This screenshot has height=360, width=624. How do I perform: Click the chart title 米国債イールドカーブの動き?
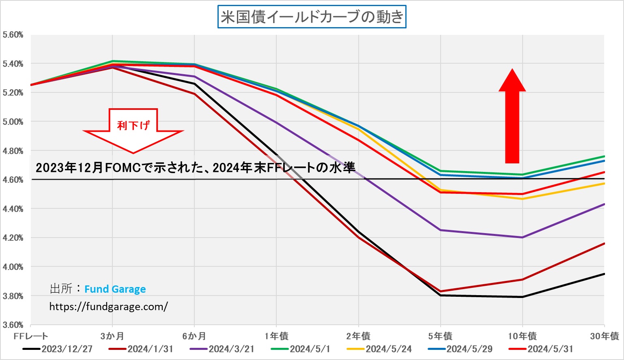tap(312, 17)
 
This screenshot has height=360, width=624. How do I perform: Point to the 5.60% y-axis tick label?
tap(13, 35)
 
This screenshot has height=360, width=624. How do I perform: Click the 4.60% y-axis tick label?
tap(13, 180)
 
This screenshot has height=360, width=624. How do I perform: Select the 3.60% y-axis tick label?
tap(13, 325)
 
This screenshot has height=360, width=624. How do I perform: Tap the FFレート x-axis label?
tap(31, 336)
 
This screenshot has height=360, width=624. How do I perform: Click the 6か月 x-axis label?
tap(194, 336)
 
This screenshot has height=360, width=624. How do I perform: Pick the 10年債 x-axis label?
tap(522, 336)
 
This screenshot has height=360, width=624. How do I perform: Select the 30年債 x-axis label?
tap(604, 336)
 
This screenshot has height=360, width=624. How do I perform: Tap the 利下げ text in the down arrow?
tap(133, 125)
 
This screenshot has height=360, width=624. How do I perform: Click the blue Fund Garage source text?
tap(115, 289)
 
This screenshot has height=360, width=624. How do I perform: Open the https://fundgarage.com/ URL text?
tap(108, 306)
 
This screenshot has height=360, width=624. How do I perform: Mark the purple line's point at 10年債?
tap(522, 238)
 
